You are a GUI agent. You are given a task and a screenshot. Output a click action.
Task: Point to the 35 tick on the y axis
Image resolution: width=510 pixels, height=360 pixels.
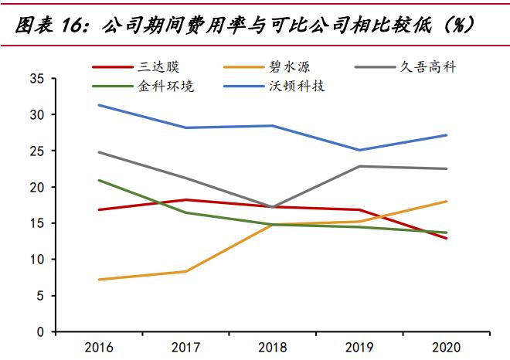click(36, 78)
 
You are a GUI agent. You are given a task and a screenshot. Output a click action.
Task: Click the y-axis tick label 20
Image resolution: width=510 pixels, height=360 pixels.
click(36, 187)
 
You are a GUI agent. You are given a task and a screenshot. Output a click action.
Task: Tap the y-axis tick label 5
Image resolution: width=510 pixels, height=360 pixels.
click(39, 296)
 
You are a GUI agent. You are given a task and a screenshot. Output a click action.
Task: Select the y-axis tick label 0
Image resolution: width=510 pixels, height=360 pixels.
click(39, 332)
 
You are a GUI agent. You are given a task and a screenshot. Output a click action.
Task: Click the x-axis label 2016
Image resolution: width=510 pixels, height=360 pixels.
click(99, 347)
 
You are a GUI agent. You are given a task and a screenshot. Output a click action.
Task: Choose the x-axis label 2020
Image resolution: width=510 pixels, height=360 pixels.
click(447, 347)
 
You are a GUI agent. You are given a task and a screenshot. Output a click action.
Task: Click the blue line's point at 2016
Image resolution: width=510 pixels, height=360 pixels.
click(99, 105)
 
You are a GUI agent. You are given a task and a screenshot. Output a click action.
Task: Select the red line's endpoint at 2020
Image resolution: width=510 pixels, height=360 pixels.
click(447, 238)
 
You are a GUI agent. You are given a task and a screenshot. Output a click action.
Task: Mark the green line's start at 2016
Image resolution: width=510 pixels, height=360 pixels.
click(99, 180)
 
